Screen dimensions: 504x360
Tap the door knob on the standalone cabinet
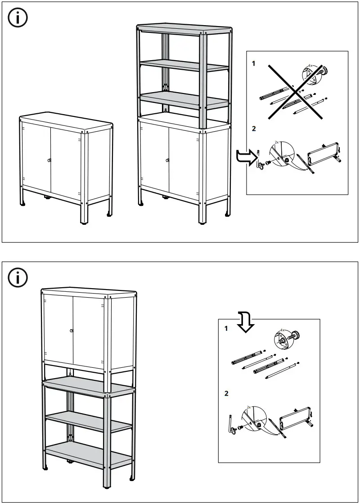49,161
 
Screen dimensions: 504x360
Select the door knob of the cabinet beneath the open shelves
168,160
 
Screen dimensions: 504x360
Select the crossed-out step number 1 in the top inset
253,64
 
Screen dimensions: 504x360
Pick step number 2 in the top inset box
253,129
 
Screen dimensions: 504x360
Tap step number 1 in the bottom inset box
226,329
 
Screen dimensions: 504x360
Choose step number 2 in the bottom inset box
226,393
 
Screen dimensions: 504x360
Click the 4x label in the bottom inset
283,330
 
